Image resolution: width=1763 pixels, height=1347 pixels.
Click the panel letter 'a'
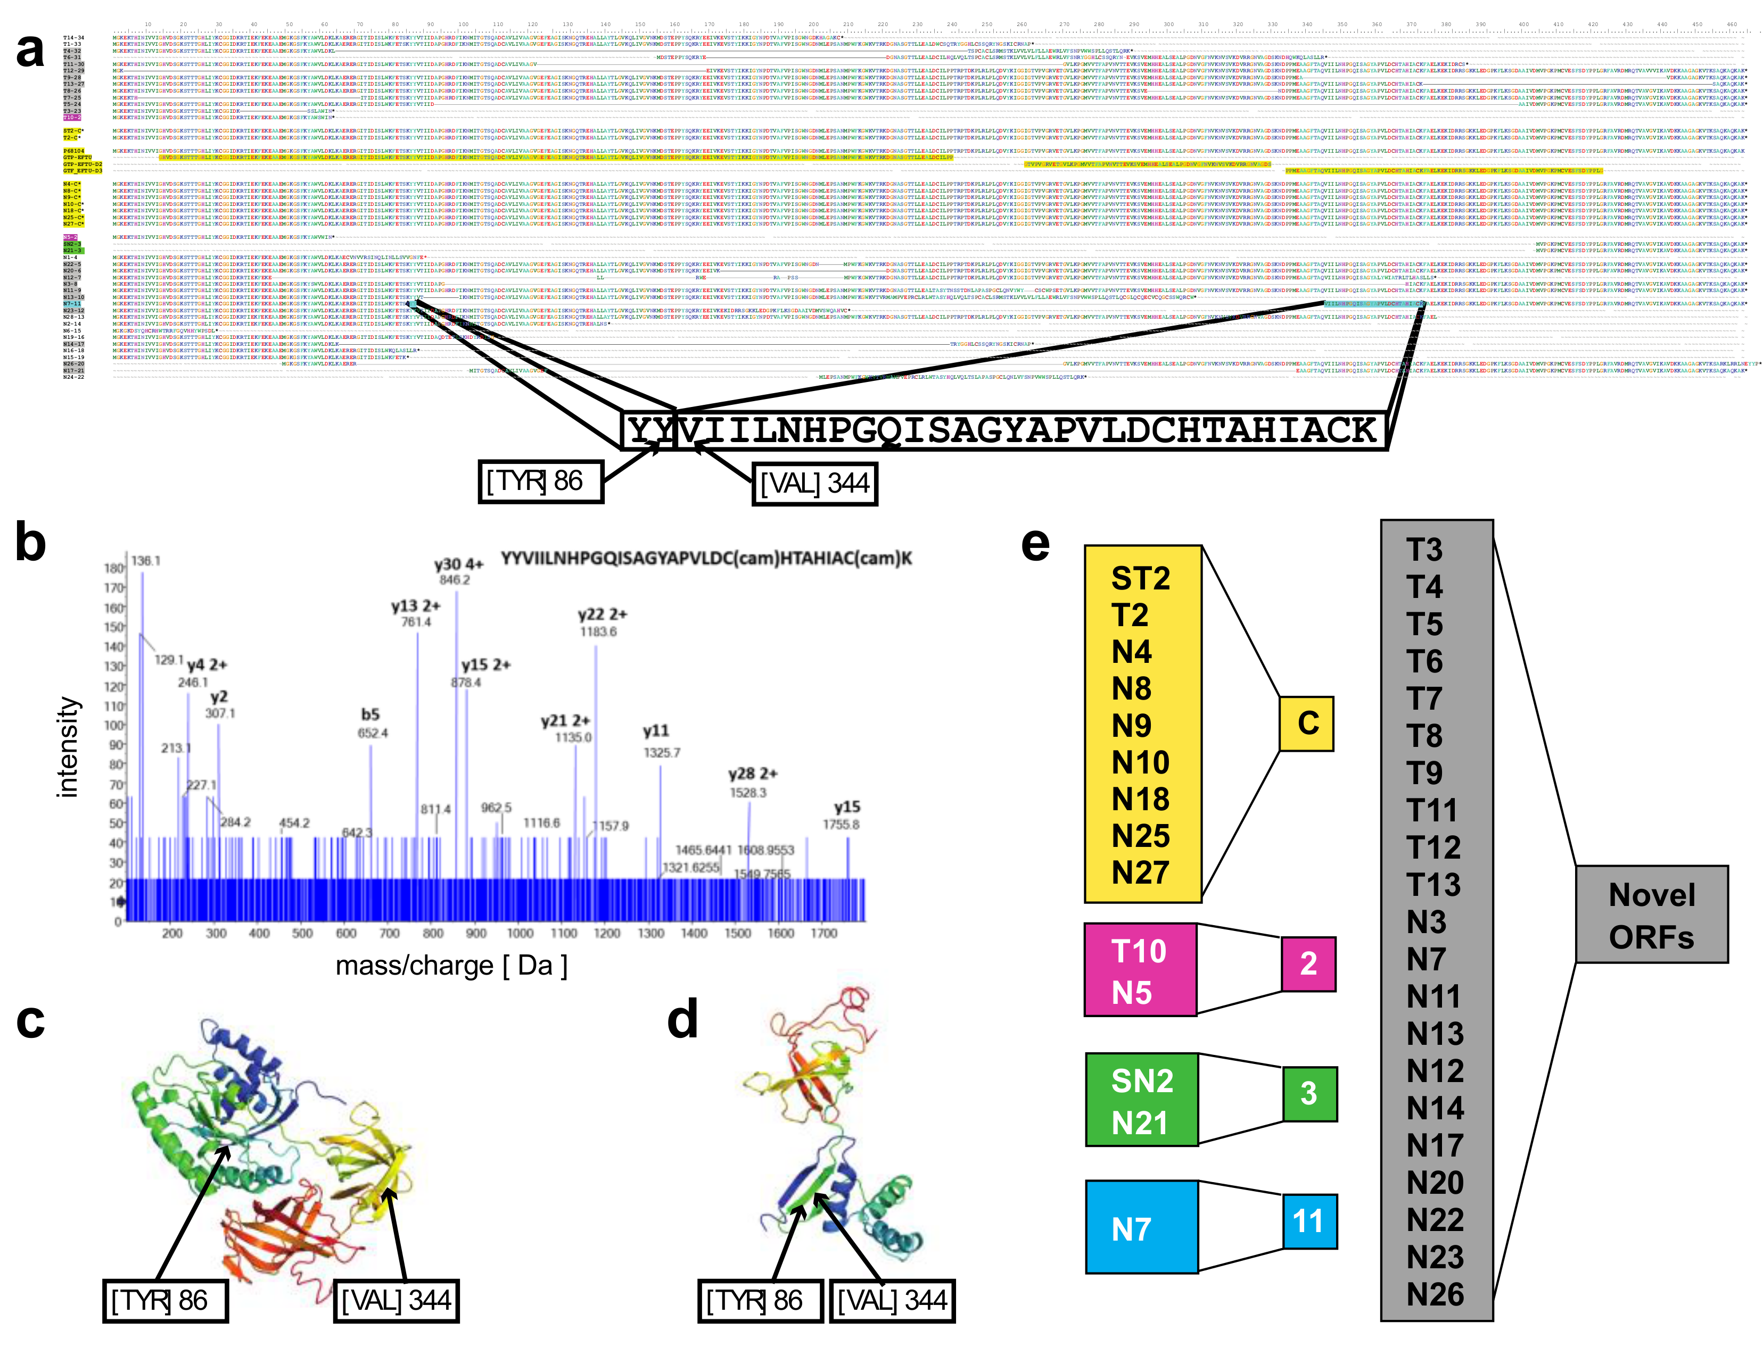[30, 53]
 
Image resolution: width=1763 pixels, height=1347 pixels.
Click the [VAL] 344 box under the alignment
[814, 484]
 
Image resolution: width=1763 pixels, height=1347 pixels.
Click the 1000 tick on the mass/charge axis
[520, 933]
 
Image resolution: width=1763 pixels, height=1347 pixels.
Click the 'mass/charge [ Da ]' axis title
[451, 966]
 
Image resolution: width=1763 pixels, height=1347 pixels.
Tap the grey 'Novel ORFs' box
[1651, 915]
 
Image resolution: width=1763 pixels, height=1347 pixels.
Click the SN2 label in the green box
[1141, 1082]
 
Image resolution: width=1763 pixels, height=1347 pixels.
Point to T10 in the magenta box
[1138, 952]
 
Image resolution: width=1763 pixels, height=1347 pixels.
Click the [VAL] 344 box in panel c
[396, 1301]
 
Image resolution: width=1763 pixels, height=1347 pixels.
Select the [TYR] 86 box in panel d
[760, 1301]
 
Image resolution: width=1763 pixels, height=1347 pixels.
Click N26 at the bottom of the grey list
[1435, 1294]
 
